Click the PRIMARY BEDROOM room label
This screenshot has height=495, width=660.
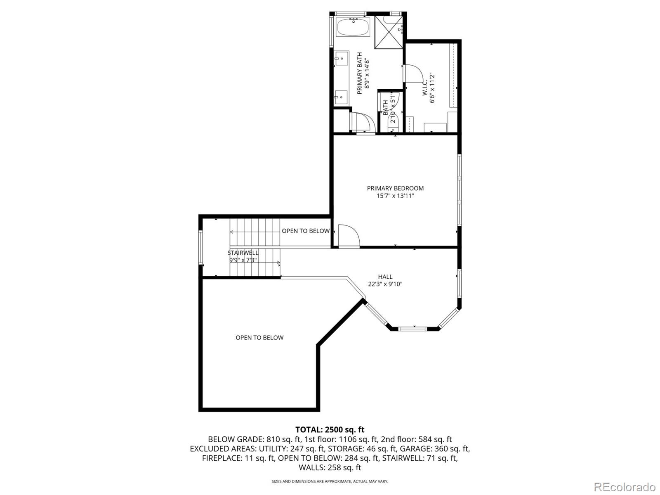(x=395, y=188)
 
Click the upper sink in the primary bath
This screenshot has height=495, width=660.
(x=342, y=59)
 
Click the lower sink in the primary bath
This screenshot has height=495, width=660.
(x=342, y=97)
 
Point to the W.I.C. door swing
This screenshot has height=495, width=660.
(x=413, y=74)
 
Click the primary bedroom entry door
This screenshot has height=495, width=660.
(x=349, y=235)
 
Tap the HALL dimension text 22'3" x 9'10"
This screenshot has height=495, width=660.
(x=385, y=284)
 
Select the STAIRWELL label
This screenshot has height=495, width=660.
(x=243, y=253)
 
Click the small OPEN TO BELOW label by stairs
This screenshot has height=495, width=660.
(x=306, y=231)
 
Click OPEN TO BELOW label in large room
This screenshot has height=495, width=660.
(x=259, y=338)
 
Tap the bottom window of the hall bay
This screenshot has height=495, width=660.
(x=412, y=329)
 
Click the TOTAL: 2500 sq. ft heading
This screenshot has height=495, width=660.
(x=330, y=430)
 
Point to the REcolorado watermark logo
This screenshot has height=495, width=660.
(x=625, y=487)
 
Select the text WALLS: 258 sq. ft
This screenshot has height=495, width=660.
(x=330, y=468)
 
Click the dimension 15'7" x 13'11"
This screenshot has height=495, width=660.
(x=395, y=196)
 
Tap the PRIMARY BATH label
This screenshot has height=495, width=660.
(x=359, y=73)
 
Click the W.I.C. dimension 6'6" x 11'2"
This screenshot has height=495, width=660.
(x=432, y=88)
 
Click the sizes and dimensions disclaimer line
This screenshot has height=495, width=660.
(x=330, y=481)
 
